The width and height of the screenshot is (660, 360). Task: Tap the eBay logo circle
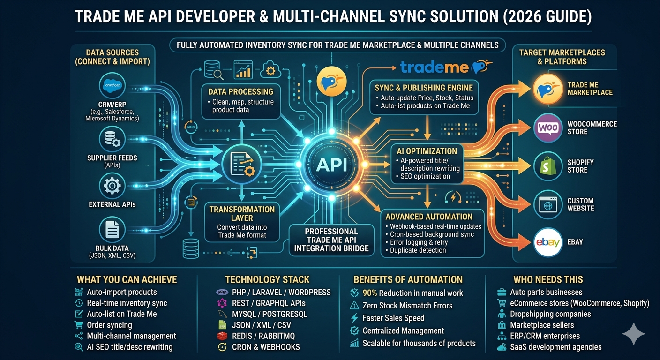pyautogui.click(x=548, y=242)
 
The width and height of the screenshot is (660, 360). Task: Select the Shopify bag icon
pyautogui.click(x=548, y=166)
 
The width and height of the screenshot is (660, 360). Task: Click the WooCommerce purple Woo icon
pyautogui.click(x=548, y=128)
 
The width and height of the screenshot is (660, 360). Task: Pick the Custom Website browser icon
pyautogui.click(x=548, y=204)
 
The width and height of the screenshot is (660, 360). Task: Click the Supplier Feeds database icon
pyautogui.click(x=112, y=140)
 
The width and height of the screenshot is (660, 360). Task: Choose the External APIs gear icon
pyautogui.click(x=112, y=186)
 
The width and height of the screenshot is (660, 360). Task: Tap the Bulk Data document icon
pyautogui.click(x=112, y=230)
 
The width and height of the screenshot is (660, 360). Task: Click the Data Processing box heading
pyautogui.click(x=240, y=91)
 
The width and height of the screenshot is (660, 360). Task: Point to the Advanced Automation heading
pyautogui.click(x=428, y=217)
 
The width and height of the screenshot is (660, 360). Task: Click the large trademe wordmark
pyautogui.click(x=435, y=67)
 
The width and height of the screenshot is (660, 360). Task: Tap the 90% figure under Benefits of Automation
pyautogui.click(x=369, y=293)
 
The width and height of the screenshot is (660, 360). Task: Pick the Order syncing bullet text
pyautogui.click(x=109, y=325)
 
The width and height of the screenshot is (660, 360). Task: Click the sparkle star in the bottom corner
pyautogui.click(x=633, y=333)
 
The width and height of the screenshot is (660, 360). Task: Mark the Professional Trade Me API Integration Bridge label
pyautogui.click(x=331, y=240)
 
